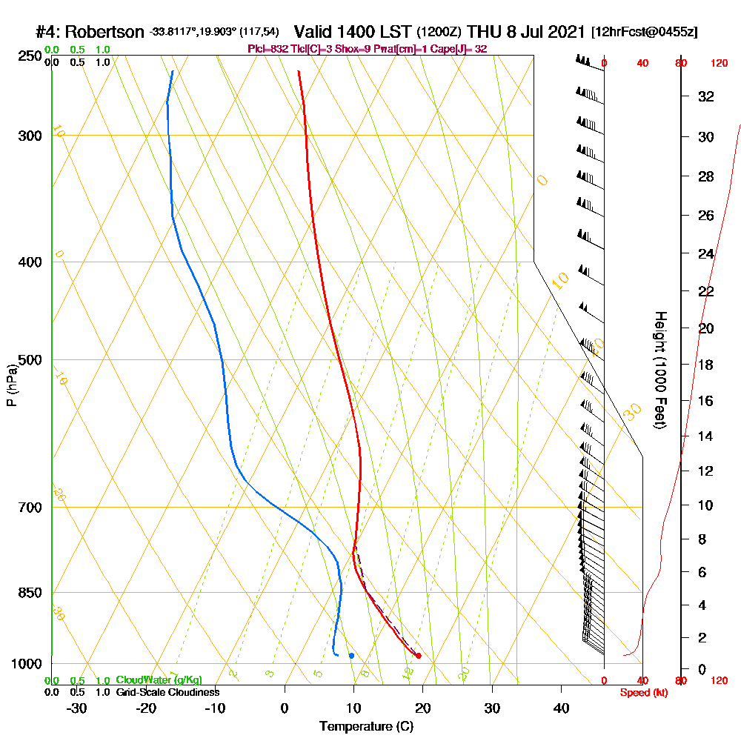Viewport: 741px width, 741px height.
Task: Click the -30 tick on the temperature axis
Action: pos(77,708)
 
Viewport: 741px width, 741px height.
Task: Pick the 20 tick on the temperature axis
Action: pos(423,708)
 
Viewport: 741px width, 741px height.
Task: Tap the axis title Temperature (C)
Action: pos(366,727)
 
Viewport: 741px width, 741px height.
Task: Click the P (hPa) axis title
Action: pos(11,385)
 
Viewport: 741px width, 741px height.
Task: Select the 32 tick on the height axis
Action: pos(706,96)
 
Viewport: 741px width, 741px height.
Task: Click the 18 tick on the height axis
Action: pos(706,365)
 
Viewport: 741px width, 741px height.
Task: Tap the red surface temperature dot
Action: pos(419,656)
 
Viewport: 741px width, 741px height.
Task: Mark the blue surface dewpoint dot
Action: pos(351,656)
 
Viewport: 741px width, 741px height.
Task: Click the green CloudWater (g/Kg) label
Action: pos(159,680)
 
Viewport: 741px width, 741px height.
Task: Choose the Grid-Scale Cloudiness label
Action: pos(167,692)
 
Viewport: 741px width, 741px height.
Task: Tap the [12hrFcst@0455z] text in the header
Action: pos(644,33)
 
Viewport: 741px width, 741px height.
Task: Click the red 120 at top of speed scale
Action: pos(719,63)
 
